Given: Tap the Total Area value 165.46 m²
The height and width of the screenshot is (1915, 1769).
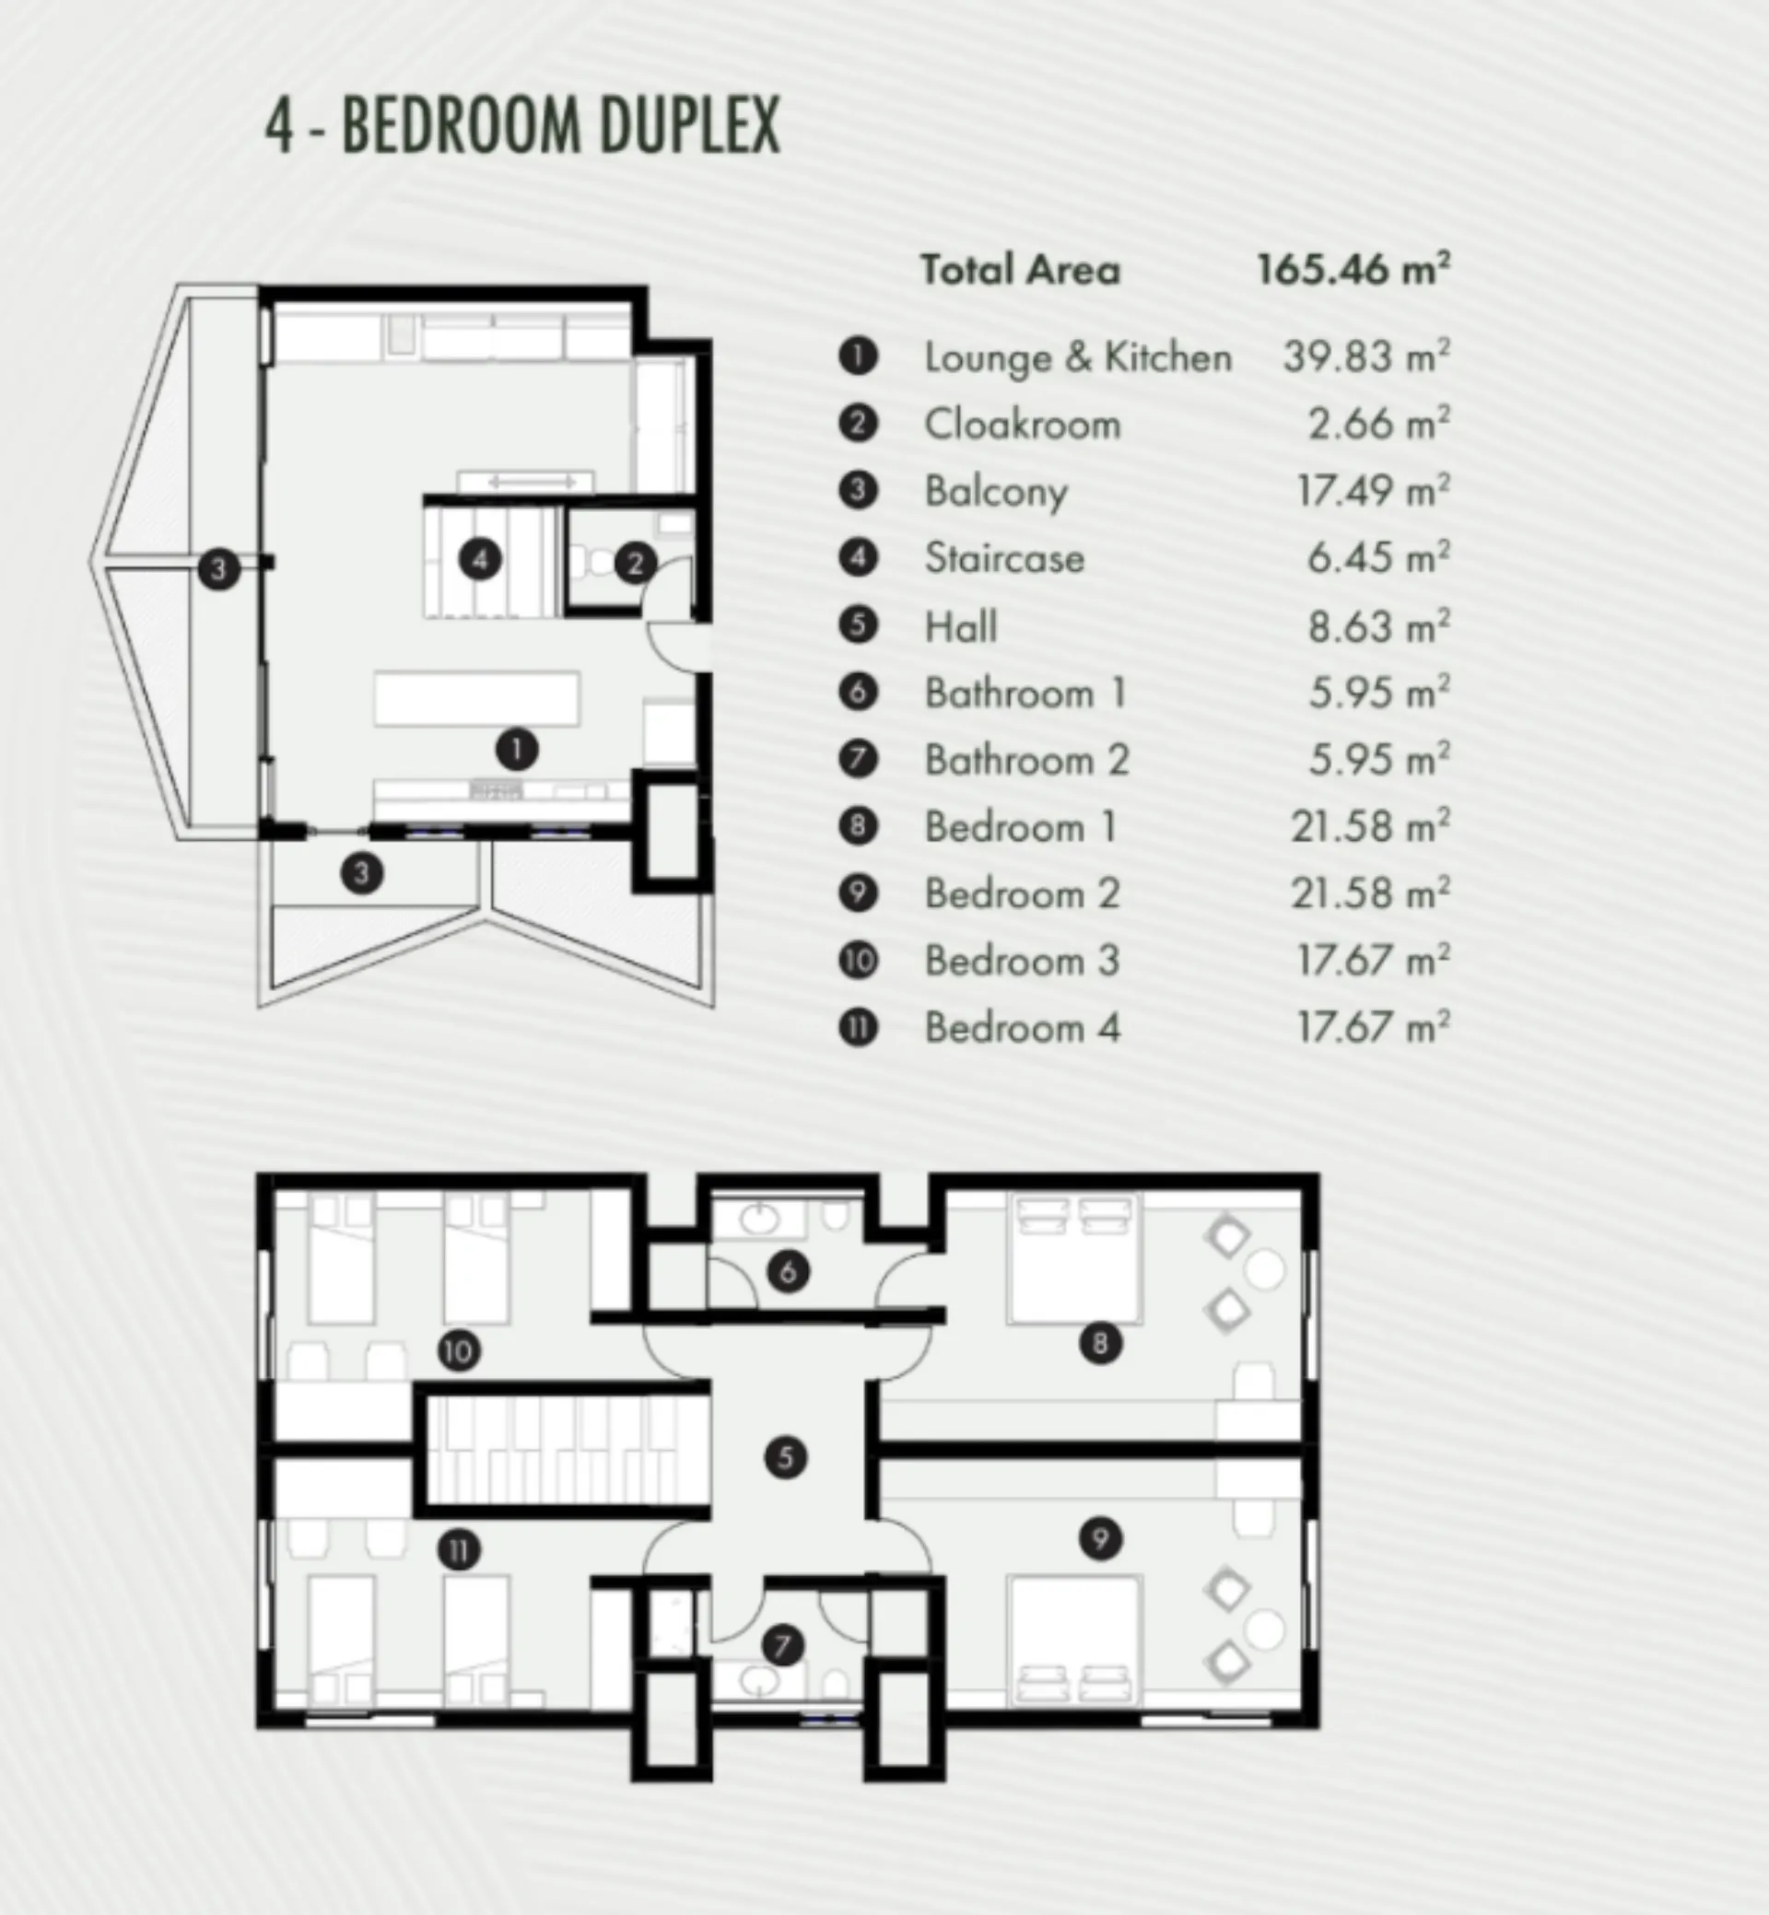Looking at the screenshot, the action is point(1353,269).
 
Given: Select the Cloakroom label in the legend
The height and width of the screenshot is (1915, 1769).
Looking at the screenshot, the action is point(1023,424).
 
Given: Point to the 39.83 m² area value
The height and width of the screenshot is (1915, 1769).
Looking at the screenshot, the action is point(1366,356).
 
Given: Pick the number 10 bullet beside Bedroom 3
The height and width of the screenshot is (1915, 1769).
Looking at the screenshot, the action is point(858,960).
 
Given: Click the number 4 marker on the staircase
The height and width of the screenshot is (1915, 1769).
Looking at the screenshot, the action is point(481,559).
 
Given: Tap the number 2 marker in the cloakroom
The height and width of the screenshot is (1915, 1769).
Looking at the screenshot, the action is point(635,564).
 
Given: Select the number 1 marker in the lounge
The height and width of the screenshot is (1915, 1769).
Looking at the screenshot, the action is point(517,750).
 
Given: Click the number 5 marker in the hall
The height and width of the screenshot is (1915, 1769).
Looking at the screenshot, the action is point(786,1457).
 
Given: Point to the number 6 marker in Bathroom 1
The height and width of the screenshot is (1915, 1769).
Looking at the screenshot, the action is point(788,1272).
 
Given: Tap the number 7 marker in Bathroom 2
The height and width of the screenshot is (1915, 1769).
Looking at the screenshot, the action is point(783,1646).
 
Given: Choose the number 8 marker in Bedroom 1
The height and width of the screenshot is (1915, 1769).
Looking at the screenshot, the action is point(1100,1344).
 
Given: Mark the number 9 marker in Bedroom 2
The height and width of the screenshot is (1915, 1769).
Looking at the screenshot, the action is point(1100,1540).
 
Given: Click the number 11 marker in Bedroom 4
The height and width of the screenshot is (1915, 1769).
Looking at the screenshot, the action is point(459,1550).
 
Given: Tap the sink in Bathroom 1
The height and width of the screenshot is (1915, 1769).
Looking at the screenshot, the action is point(760,1219).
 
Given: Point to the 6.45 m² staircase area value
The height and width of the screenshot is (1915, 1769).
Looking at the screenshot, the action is point(1378,558).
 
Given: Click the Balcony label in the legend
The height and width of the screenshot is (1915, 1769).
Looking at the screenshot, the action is point(996,492).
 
